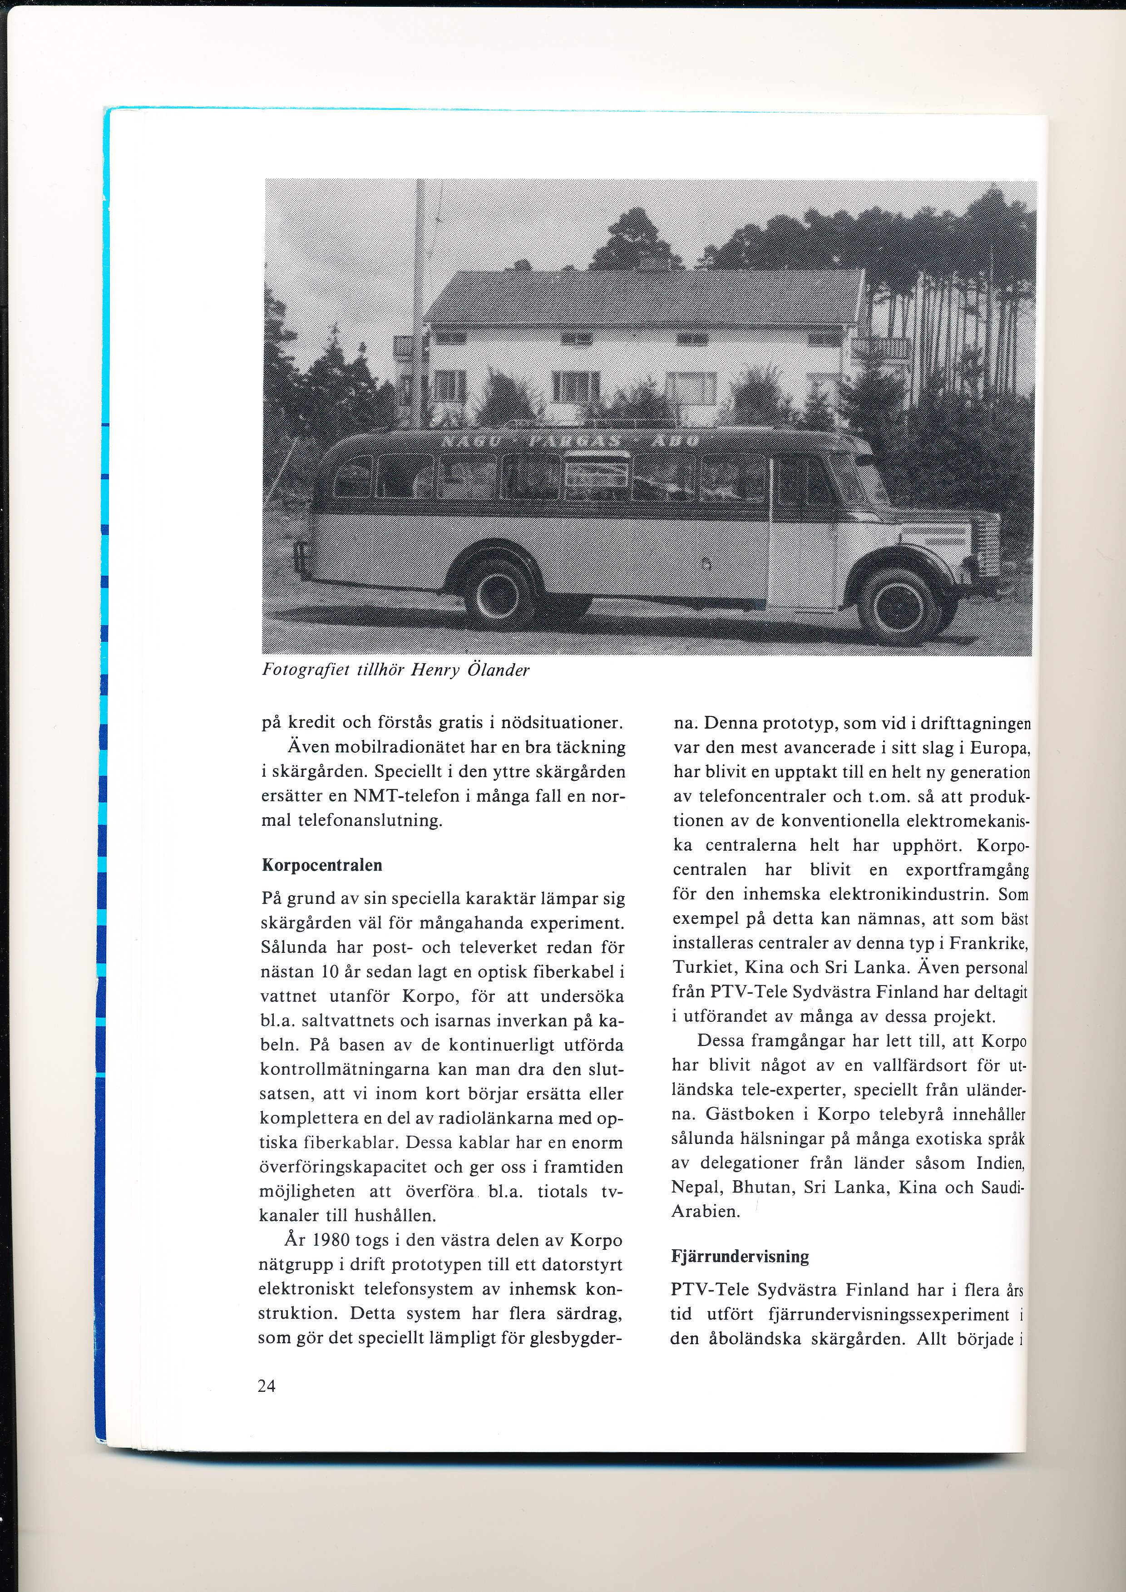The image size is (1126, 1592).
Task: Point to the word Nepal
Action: pos(696,1187)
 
